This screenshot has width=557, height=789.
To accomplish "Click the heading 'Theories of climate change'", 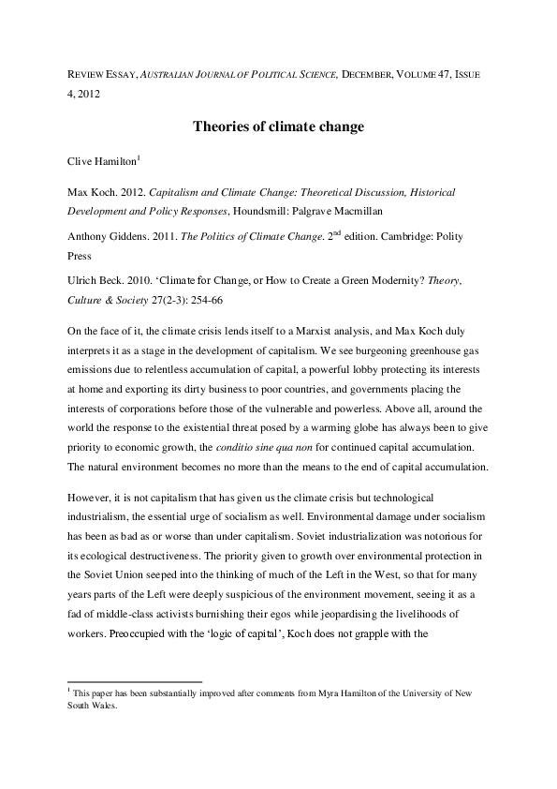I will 278,126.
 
